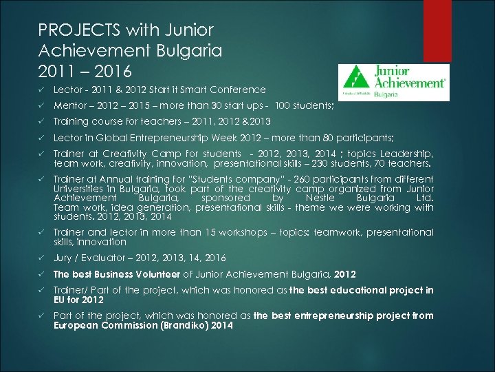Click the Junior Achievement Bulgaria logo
click(x=393, y=83)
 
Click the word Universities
click(x=80, y=189)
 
